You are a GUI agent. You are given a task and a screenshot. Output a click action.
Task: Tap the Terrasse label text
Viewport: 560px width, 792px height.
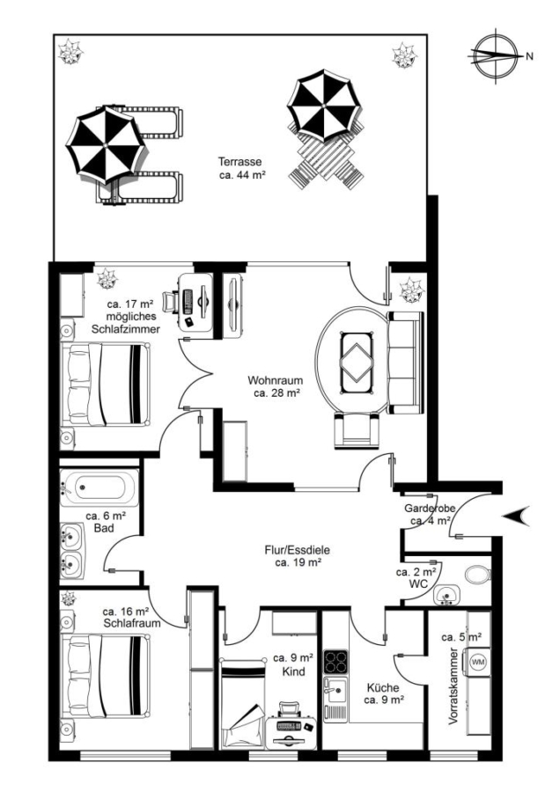tap(240, 162)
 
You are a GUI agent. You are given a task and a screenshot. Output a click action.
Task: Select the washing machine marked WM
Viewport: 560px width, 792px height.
tap(477, 661)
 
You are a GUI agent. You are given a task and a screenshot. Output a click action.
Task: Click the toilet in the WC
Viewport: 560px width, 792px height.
tap(477, 576)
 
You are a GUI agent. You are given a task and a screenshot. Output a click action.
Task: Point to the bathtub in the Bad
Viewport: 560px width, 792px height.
tap(99, 488)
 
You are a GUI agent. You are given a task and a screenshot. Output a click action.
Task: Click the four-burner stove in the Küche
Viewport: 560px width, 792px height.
tap(335, 661)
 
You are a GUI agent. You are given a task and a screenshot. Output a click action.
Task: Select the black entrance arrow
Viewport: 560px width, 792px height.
tap(517, 516)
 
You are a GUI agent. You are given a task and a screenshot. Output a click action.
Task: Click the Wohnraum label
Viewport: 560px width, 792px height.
tap(276, 380)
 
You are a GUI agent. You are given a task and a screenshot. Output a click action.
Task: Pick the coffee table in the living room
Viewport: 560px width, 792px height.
tap(357, 363)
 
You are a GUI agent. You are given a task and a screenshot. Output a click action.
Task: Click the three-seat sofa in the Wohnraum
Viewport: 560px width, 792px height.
tap(405, 363)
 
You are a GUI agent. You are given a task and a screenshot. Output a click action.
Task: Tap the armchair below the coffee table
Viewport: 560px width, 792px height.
tap(357, 429)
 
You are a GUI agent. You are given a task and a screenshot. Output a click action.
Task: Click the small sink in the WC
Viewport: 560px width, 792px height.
tap(446, 594)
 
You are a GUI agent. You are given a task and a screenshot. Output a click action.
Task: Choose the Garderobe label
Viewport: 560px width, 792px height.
tap(430, 508)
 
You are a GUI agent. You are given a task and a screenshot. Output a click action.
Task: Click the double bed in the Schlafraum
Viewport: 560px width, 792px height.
tap(105, 675)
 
